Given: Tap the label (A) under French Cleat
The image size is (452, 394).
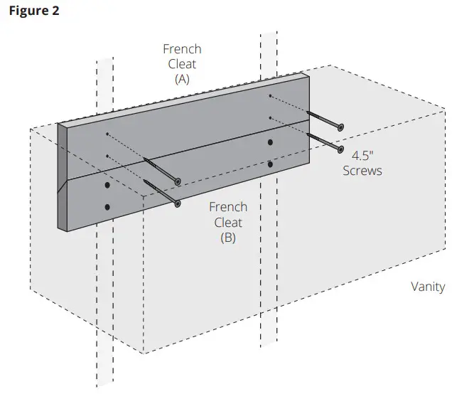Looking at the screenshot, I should tap(182, 80).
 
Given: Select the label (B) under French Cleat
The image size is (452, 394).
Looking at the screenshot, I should tap(227, 238).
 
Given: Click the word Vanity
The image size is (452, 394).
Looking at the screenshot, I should tap(427, 287).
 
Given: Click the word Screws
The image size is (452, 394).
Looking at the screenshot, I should tap(362, 171).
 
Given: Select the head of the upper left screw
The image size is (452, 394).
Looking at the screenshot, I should tap(178, 181).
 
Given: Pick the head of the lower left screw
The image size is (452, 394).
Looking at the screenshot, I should tap(177, 203).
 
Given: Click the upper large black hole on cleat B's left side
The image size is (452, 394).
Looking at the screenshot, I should tap(107, 185).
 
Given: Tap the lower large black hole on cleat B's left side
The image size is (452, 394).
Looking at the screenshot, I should tap(107, 207).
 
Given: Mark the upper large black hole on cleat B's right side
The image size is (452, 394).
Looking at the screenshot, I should tap(270, 143).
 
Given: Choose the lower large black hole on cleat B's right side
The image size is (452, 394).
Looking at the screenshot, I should tap(270, 164).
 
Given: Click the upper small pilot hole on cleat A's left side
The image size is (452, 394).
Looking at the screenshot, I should tap(107, 134).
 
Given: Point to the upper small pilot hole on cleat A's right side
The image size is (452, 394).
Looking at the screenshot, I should tap(270, 95).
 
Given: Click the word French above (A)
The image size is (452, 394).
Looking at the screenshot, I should tap(182, 49).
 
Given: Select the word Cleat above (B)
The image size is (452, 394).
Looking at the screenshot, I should tap(227, 222).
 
